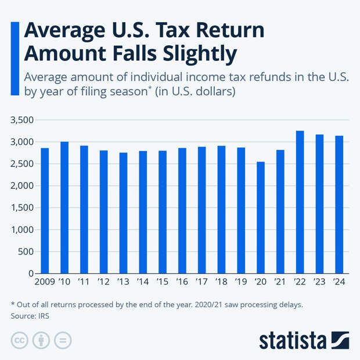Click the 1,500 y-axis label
pyautogui.click(x=22, y=208)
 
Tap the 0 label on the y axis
pyautogui.click(x=31, y=273)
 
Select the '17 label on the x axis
pyautogui.click(x=201, y=283)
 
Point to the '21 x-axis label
pyautogui.click(x=280, y=283)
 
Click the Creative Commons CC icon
pyautogui.click(x=20, y=340)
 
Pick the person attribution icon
pyautogui.click(x=41, y=340)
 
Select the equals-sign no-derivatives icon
pyautogui.click(x=63, y=340)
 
